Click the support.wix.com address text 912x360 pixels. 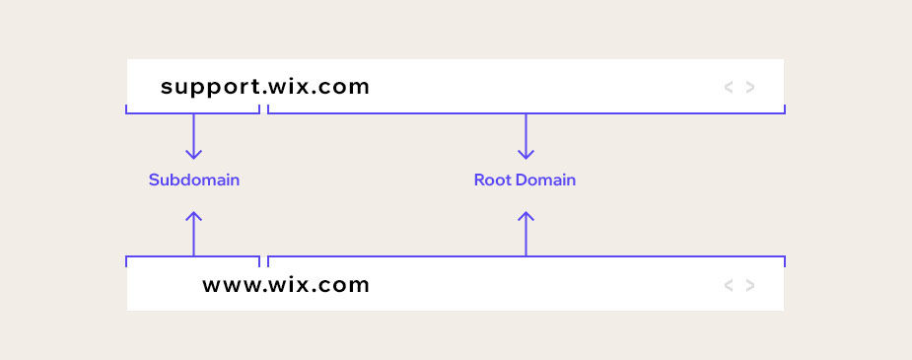click(x=265, y=87)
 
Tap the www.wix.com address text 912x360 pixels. click(x=286, y=286)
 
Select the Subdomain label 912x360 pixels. click(x=194, y=180)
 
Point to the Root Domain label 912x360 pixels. click(x=525, y=180)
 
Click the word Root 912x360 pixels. click(x=491, y=180)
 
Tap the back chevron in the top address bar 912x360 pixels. click(x=729, y=87)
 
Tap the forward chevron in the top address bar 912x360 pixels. click(x=750, y=87)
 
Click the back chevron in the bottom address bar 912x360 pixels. click(x=729, y=286)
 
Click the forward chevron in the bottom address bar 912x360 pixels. click(x=750, y=286)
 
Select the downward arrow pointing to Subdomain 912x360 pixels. click(x=194, y=138)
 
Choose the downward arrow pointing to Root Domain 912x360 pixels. click(x=526, y=138)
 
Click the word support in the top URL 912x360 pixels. click(x=210, y=87)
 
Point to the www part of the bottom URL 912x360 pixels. click(x=232, y=286)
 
